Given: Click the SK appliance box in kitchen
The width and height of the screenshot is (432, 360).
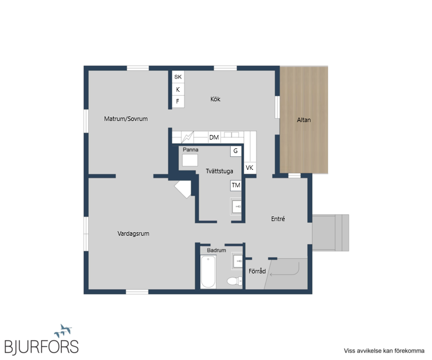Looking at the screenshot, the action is (x=178, y=77).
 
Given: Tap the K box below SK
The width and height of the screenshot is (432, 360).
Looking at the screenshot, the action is (x=178, y=89).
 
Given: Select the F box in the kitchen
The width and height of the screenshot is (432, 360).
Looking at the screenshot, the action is (x=178, y=101).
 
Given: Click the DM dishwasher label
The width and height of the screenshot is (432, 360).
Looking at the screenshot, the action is (x=214, y=137).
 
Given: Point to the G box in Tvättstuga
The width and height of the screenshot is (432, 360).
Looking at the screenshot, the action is (x=236, y=151).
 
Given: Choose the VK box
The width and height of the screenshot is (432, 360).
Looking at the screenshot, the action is (x=250, y=168).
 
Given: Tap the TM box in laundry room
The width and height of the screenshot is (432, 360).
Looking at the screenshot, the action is (x=236, y=186).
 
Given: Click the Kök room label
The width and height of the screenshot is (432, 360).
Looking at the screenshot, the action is (x=215, y=99).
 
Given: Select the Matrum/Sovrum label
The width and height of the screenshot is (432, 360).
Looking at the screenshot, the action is (x=126, y=119).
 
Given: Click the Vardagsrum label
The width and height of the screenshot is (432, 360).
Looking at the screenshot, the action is (x=133, y=233).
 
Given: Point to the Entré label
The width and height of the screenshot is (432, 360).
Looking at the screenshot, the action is (x=278, y=219).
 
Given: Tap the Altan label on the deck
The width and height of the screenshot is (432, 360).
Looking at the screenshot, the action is (x=304, y=120).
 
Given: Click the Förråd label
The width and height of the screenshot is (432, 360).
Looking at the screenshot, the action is (x=257, y=271).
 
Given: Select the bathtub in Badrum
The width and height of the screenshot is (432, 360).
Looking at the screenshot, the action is (x=208, y=272).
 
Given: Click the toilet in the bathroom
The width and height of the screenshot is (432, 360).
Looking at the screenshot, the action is (x=235, y=281).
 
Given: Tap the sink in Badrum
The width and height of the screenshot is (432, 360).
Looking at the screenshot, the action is (x=237, y=261).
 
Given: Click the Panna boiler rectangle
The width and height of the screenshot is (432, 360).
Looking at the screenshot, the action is (x=190, y=160).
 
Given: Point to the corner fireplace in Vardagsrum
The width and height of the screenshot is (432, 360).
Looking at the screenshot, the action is (x=183, y=189).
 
